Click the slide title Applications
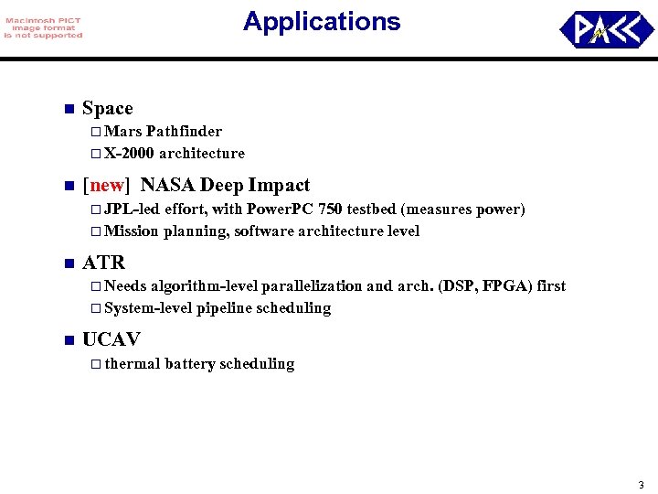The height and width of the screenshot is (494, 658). (x=322, y=22)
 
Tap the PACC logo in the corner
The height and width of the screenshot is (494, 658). (x=600, y=29)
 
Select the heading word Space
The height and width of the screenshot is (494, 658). (x=107, y=108)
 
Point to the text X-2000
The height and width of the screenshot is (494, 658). (x=129, y=154)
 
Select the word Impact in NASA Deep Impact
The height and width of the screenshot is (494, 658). (x=280, y=186)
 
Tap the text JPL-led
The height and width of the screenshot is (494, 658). (x=133, y=209)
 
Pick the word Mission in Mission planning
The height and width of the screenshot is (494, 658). (x=132, y=231)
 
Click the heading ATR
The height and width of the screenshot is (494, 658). (x=103, y=263)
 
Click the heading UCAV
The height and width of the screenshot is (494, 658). (x=111, y=340)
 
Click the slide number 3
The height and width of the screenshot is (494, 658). (x=641, y=484)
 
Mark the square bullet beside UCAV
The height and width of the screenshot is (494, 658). (x=67, y=341)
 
